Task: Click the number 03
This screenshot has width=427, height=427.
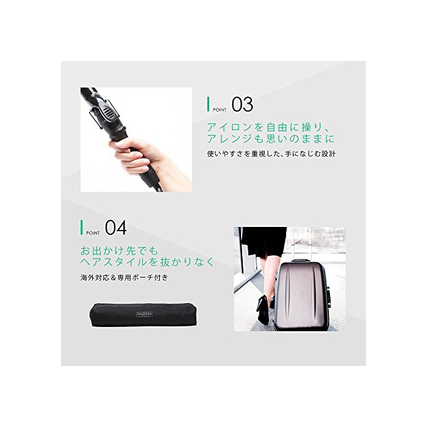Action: coord(242,104)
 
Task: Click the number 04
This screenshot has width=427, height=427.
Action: coord(116,228)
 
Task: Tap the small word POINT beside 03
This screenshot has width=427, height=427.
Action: coord(220,110)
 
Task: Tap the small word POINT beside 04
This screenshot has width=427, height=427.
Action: coord(93,233)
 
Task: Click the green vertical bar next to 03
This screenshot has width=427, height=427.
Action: coord(209,104)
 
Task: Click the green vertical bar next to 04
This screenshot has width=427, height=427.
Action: coord(81,228)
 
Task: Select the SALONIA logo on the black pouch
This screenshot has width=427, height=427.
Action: coord(144,314)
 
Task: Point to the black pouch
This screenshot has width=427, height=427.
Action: coord(143,315)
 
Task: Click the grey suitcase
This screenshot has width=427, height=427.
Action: coord(301,295)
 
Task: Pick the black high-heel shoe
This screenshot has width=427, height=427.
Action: coord(263,309)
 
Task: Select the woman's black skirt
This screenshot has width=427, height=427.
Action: coord(264,242)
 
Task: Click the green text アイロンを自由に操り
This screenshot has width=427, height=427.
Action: coord(269,127)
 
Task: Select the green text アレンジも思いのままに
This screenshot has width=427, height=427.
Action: coord(270,139)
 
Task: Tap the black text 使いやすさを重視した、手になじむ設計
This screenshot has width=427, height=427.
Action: coord(271,154)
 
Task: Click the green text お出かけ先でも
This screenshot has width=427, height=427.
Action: coord(120,251)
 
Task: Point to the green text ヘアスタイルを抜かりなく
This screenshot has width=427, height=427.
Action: coord(148,262)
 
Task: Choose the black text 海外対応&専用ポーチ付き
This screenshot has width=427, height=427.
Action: coord(124,278)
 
